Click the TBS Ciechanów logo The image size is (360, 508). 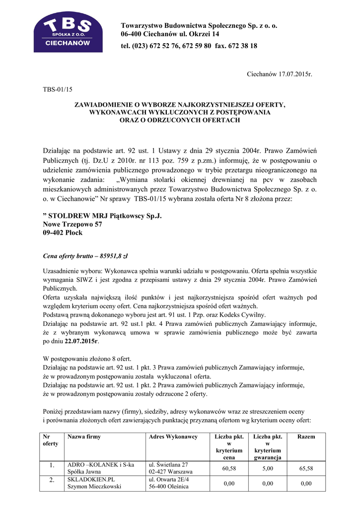click(x=68, y=32)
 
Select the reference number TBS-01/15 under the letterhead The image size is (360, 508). click(x=58, y=89)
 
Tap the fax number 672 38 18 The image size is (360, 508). click(x=244, y=46)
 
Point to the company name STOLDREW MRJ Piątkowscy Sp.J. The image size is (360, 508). click(x=102, y=216)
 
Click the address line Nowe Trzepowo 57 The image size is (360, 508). click(x=72, y=224)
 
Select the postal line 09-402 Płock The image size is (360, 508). click(x=63, y=232)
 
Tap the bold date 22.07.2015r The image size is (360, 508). click(x=81, y=342)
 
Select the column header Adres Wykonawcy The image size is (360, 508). click(x=173, y=437)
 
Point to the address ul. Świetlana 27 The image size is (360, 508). click(x=168, y=464)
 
